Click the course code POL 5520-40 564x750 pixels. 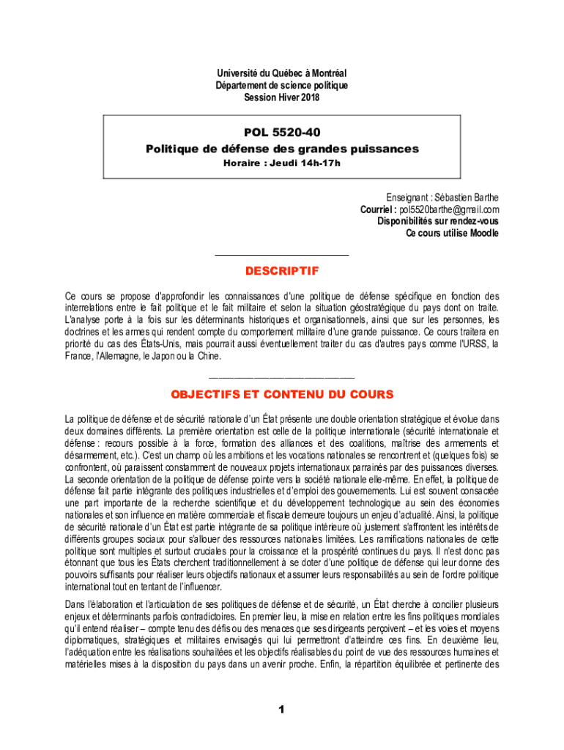click(282, 134)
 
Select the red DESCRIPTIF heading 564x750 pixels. click(282, 271)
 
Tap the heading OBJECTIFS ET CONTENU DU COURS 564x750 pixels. click(282, 395)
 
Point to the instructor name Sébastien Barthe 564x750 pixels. click(466, 198)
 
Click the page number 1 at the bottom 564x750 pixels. click(281, 710)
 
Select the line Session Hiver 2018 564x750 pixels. click(282, 97)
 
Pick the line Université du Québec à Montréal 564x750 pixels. click(282, 73)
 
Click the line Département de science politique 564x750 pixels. click(282, 86)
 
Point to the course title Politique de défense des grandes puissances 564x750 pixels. click(282, 149)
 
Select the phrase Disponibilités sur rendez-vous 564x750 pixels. click(438, 221)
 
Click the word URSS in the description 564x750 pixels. click(480, 344)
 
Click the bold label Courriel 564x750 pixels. click(377, 209)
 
